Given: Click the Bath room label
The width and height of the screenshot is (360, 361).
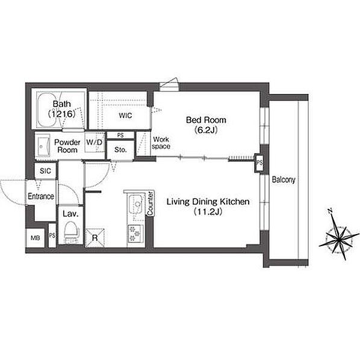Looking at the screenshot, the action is [62, 104].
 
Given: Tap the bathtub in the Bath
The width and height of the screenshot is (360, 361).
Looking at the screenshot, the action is [49, 110].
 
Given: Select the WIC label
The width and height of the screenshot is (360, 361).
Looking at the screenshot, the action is [126, 116].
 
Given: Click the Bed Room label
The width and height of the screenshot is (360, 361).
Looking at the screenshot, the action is [206, 120].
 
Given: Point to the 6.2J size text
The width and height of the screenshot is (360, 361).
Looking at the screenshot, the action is [206, 131].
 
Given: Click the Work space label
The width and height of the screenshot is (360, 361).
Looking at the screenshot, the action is [161, 143].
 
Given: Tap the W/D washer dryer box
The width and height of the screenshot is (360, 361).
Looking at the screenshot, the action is [95, 142].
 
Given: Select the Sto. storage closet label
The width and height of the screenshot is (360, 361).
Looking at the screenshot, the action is [120, 150].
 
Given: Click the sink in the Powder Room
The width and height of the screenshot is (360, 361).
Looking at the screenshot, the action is [43, 146].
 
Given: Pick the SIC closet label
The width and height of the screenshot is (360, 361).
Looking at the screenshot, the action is [45, 171].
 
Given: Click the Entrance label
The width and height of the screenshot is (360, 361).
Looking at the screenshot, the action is [41, 196].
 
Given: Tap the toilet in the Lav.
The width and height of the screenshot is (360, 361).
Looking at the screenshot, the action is [70, 232].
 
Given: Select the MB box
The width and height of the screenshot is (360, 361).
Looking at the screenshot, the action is [35, 238].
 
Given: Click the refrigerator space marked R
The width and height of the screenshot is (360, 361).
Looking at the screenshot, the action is [95, 238].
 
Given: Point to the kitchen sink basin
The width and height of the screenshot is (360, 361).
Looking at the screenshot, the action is [135, 204].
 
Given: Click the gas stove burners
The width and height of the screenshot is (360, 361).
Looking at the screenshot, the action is [135, 233].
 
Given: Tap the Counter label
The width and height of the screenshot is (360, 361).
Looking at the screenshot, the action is [150, 203].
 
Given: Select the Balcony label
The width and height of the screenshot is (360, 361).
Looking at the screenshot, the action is [284, 180].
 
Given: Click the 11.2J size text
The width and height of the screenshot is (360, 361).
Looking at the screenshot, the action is [208, 212].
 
